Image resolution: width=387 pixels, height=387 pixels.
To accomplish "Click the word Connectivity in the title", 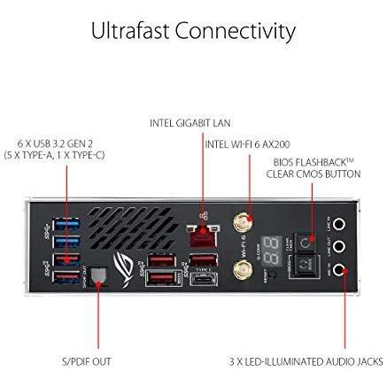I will point(236,32).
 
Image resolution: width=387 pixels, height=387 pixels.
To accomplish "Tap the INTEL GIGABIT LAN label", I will point(191,122).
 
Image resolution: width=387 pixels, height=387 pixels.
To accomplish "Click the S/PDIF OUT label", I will point(88,360).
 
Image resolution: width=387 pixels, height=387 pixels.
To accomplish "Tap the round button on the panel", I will point(304,240).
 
